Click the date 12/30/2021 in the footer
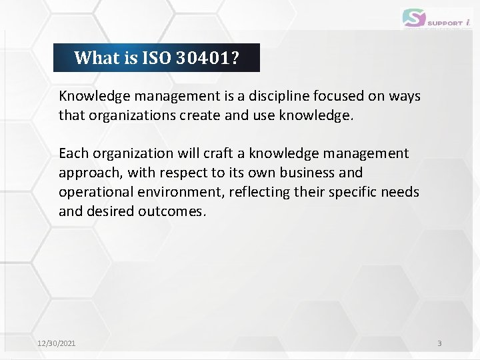[57, 343]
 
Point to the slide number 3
[439, 343]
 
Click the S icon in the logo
[413, 17]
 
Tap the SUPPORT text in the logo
[445, 22]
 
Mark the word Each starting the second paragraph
[73, 153]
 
